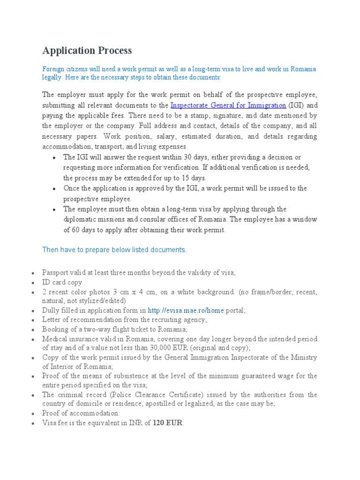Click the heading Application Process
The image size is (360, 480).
point(87,51)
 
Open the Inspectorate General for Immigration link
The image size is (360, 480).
point(228,105)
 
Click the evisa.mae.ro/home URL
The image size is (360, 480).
point(186,310)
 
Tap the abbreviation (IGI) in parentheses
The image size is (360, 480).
point(296,105)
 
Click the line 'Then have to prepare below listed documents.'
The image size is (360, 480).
point(114,250)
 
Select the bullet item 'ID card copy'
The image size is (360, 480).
point(62,282)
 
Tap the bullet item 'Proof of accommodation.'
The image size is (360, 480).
point(81,413)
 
